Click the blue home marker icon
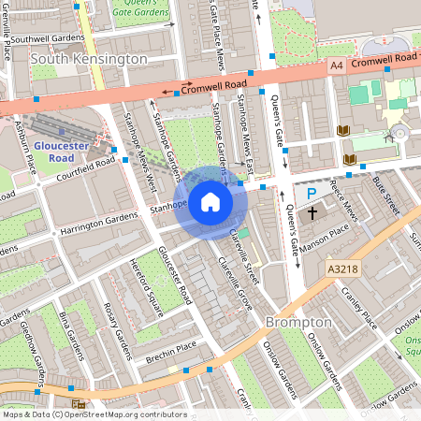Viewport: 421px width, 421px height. [210, 201]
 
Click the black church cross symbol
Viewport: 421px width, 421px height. [312, 213]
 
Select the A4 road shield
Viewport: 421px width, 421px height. [336, 65]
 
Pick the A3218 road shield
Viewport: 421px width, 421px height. [343, 269]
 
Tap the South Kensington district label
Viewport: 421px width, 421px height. [89, 59]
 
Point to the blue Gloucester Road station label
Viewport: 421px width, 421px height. [60, 152]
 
